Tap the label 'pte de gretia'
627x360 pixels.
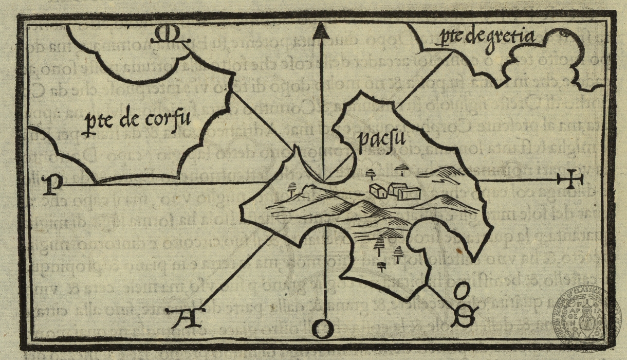(486, 37)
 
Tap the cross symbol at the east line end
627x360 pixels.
(571, 180)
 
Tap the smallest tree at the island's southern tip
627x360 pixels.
(381, 266)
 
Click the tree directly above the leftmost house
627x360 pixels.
(371, 174)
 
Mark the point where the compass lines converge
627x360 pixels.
(323, 181)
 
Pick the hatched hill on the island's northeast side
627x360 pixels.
(447, 174)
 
